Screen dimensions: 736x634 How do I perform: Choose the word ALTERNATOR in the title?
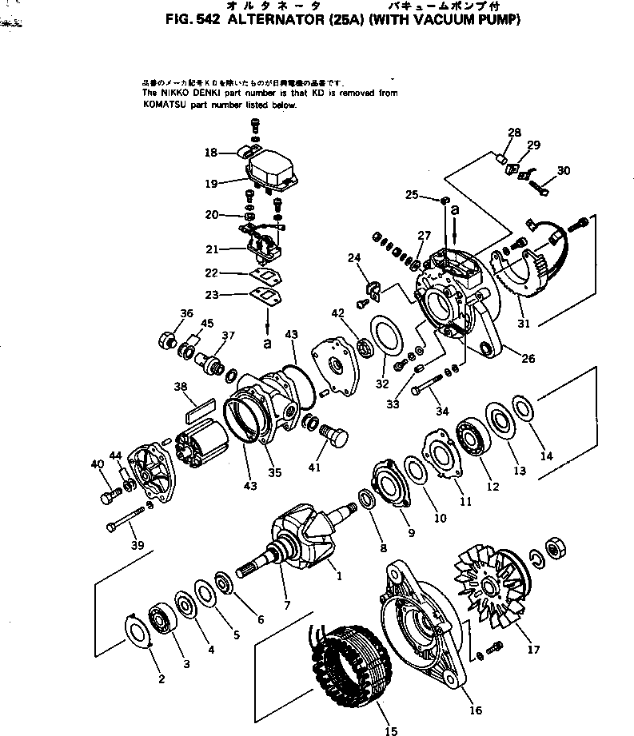click(x=265, y=21)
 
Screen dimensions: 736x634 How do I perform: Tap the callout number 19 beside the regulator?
click(x=211, y=183)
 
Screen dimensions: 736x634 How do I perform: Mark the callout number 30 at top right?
click(x=564, y=170)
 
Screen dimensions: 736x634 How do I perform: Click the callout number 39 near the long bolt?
click(x=138, y=545)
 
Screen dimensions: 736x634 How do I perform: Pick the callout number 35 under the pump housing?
click(x=275, y=472)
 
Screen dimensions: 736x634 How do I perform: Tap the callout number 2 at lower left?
click(x=161, y=679)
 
